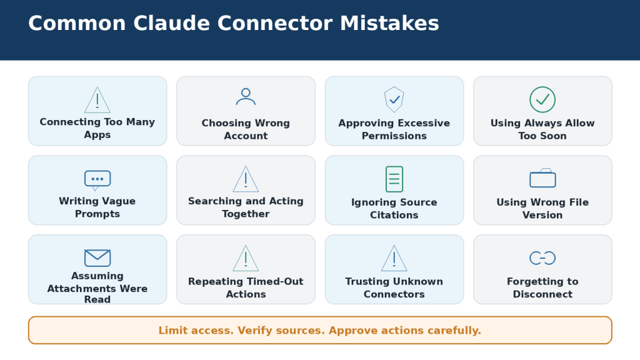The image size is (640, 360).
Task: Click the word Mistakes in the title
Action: pos(389,23)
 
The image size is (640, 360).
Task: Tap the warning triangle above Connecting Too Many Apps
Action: pos(97,101)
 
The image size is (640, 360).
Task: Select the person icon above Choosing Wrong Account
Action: pos(246,97)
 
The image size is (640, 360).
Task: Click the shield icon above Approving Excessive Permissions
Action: pos(394,99)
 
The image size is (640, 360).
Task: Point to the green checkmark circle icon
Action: pos(542,99)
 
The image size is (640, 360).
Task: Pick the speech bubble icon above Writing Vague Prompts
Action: pos(97,180)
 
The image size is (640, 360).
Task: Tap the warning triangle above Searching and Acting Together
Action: pos(246,179)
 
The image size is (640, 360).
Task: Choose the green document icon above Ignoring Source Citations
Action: pos(394,179)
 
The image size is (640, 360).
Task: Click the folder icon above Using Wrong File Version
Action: pos(542,178)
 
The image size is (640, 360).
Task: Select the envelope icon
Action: pos(97,258)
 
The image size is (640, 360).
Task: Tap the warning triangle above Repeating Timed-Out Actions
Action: pos(246,259)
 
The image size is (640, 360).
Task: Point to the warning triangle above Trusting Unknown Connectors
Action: pos(394,259)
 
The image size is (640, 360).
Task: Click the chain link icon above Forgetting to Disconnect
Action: pos(542,258)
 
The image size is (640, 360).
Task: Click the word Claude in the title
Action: pos(171,23)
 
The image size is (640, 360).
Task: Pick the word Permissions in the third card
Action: pos(394,136)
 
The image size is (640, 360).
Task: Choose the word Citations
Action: pos(394,215)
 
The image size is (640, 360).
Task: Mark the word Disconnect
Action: pos(542,294)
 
